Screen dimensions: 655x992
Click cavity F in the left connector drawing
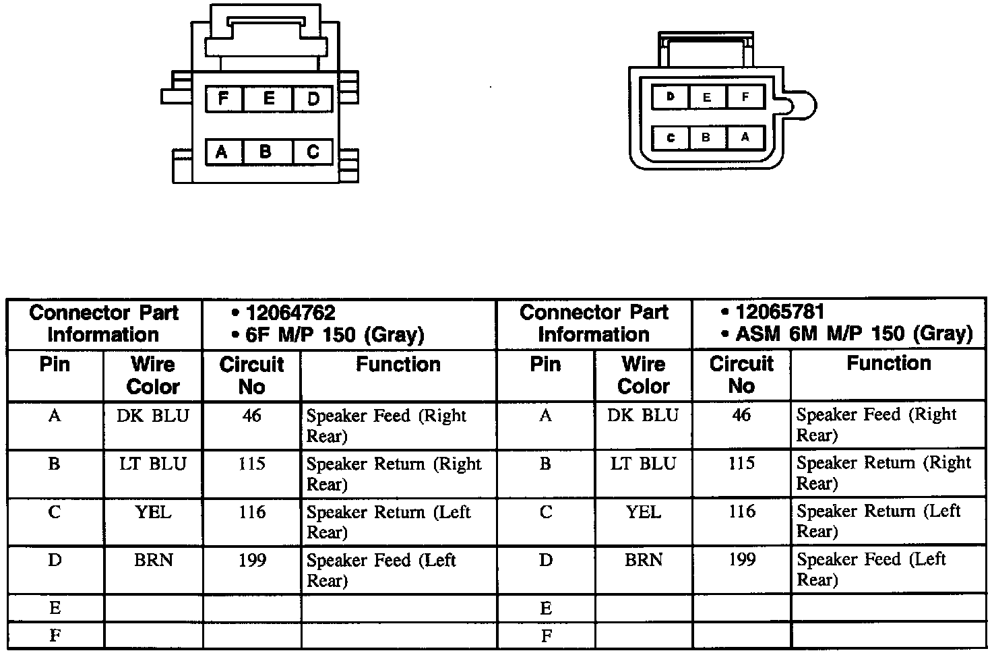coord(224,99)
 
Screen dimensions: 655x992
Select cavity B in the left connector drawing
coord(266,152)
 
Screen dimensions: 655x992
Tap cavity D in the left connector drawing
coord(313,99)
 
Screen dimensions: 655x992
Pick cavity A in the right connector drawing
coord(745,137)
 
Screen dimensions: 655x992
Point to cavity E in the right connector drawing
coord(706,97)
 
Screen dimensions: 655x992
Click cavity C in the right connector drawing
coord(671,137)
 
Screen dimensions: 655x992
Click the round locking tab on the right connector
coord(803,106)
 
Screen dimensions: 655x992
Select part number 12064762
coord(290,313)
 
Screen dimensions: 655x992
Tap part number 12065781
coord(780,312)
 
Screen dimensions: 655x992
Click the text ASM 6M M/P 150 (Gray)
coord(854,334)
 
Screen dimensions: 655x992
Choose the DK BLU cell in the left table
coord(153,416)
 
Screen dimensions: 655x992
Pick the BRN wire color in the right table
coord(644,560)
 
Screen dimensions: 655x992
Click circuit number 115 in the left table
coord(251,464)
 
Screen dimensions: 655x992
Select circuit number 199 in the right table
coord(741,559)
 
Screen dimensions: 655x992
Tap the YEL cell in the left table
coord(153,512)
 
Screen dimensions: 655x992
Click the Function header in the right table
coord(888,363)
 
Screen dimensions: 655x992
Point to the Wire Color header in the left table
coord(153,375)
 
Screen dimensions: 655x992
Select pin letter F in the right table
coord(546,635)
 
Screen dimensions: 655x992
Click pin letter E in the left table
coord(55,609)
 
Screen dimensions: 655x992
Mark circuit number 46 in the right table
coord(741,415)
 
